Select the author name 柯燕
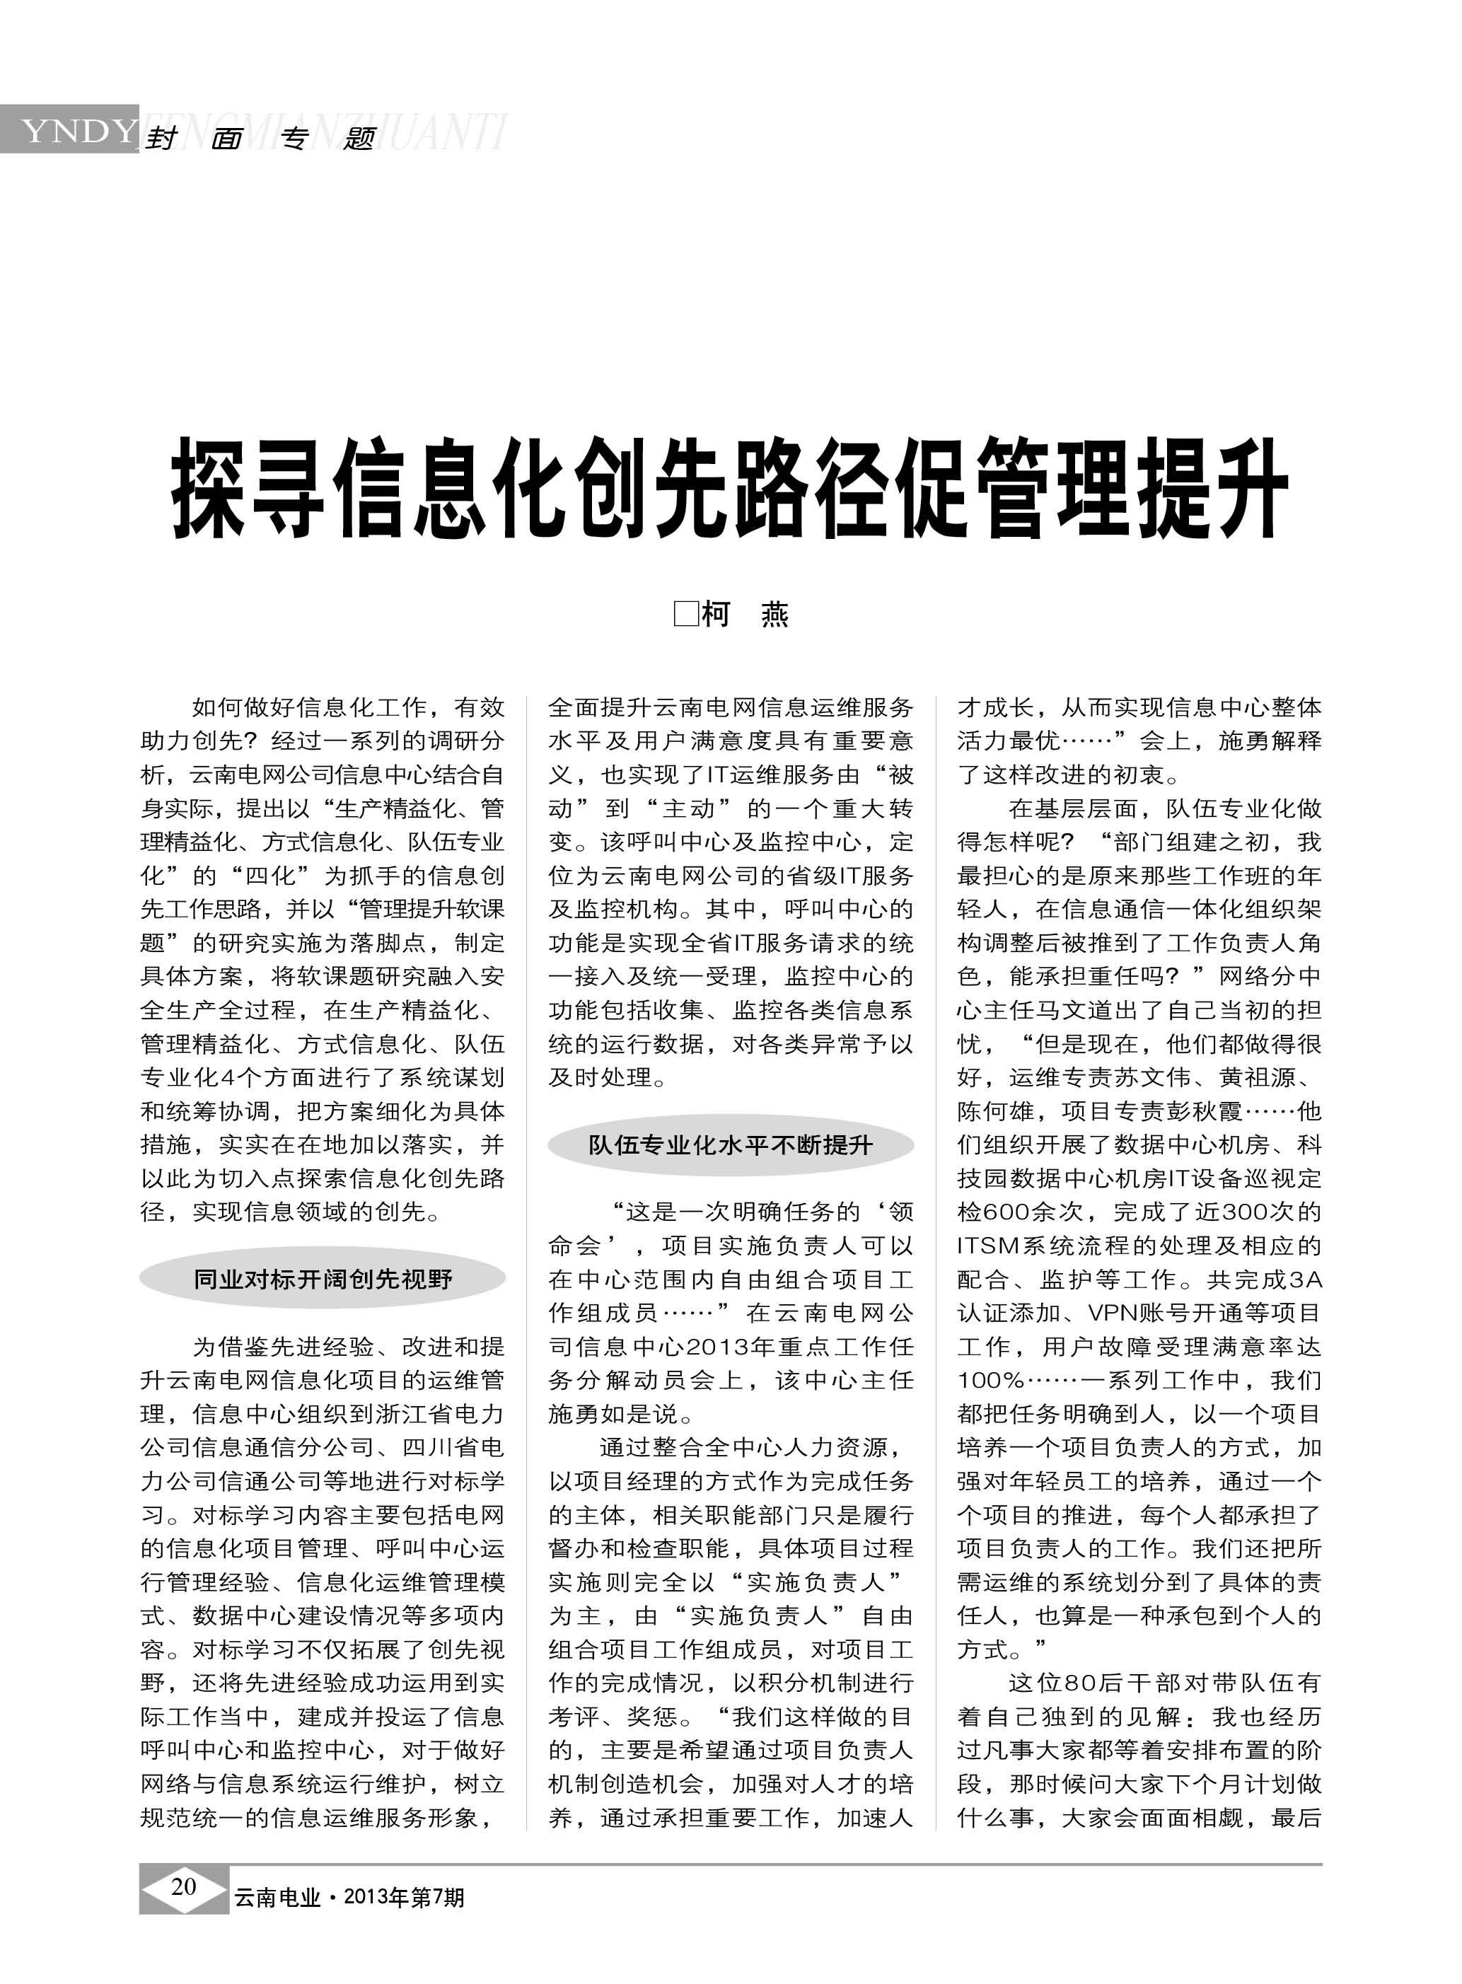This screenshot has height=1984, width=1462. tap(744, 614)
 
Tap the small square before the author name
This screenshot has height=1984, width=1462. tap(686, 613)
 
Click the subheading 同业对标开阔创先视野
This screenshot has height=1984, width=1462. tap(323, 1279)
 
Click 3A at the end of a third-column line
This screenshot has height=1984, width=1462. tap(1306, 1280)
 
